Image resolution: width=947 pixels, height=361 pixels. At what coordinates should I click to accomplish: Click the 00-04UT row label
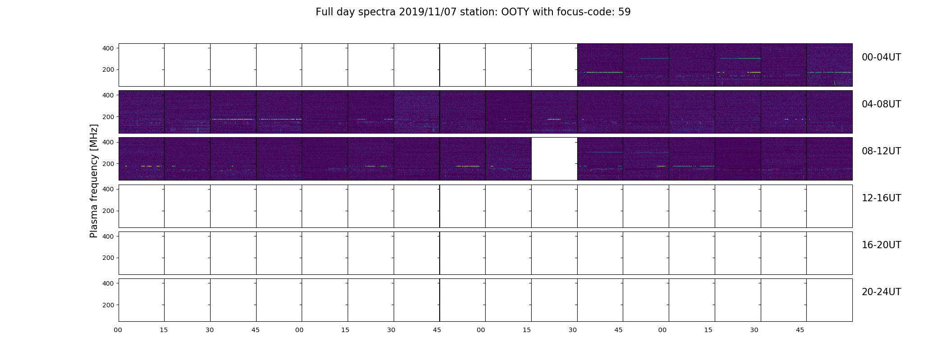(x=881, y=57)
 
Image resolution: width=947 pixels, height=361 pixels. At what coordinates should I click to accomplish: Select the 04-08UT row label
(x=881, y=104)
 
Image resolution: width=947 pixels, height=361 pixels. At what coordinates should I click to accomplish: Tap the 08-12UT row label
(x=881, y=151)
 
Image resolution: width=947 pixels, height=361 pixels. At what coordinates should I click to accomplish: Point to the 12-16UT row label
(x=881, y=198)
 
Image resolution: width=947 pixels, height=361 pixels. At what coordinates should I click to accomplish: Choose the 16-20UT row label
(x=881, y=245)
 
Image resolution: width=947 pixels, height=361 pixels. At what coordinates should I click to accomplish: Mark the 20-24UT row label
(x=881, y=292)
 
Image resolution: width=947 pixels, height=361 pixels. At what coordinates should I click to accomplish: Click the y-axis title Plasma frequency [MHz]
(x=94, y=181)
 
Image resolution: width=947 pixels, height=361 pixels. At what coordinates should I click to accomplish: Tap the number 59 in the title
(x=624, y=12)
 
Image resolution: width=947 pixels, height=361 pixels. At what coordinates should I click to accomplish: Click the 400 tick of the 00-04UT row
(x=109, y=48)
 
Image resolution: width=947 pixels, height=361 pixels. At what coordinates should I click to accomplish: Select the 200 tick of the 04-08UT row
(x=109, y=117)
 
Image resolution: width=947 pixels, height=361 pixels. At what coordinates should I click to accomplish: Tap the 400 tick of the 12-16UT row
(x=109, y=189)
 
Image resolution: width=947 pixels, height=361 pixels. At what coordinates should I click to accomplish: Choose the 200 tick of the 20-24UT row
(x=109, y=305)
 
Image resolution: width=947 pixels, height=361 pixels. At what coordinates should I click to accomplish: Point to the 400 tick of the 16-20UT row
(x=109, y=236)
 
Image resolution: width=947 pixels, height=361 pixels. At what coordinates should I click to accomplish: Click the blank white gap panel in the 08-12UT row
(x=554, y=159)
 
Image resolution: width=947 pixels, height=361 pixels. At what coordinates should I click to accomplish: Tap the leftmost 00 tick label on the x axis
(x=118, y=330)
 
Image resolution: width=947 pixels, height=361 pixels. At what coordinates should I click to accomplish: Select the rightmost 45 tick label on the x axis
(x=800, y=330)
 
